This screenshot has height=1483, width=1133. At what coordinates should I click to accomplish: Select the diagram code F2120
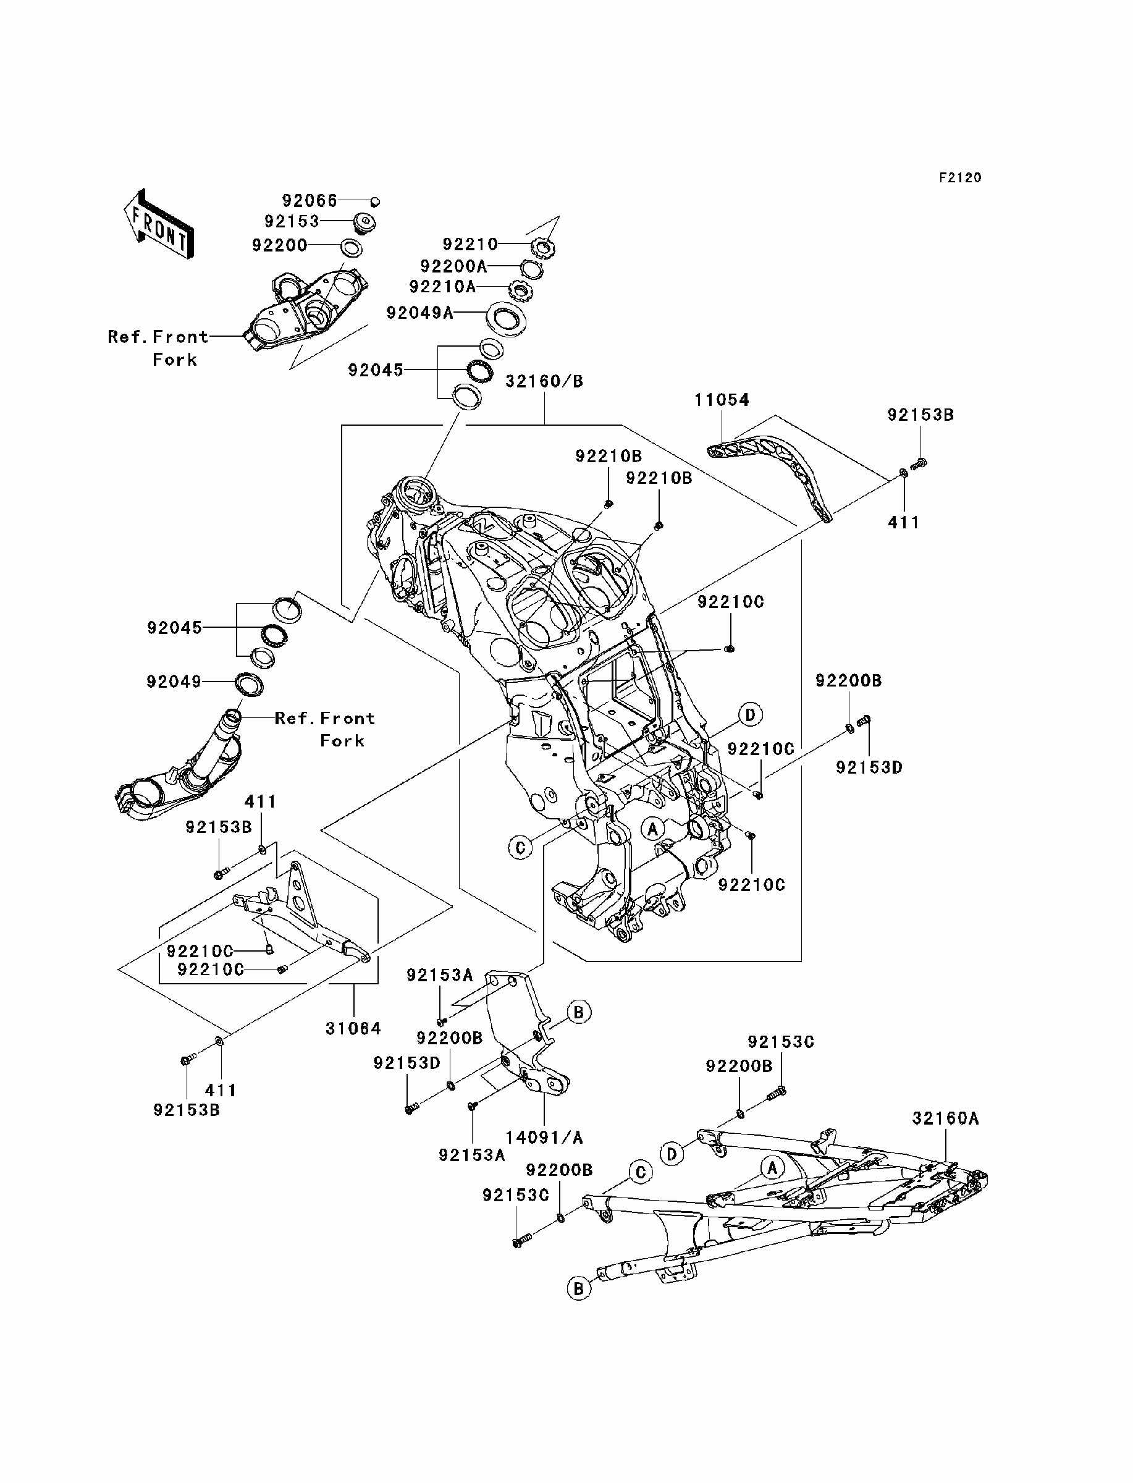click(961, 178)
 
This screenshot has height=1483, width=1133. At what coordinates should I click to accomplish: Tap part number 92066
click(310, 201)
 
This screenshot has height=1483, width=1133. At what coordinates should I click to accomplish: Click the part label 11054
click(722, 400)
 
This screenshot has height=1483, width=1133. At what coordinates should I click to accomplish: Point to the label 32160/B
click(544, 382)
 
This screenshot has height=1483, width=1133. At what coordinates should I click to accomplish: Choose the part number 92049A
click(419, 313)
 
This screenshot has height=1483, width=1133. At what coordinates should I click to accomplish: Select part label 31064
click(353, 1028)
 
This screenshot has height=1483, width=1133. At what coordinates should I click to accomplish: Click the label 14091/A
click(544, 1138)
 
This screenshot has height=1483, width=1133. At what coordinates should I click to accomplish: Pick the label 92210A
click(442, 287)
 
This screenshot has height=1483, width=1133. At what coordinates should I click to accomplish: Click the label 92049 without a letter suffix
click(174, 682)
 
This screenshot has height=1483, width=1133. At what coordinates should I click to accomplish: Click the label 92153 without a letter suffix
click(292, 222)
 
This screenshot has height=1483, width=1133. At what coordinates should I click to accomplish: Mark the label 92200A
click(453, 266)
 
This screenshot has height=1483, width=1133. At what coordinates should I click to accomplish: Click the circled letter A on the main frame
click(652, 828)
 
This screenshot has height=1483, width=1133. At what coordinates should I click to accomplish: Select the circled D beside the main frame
click(750, 714)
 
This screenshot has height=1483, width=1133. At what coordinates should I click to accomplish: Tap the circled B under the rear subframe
click(578, 1289)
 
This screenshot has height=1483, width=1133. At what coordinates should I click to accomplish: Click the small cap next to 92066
click(376, 201)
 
